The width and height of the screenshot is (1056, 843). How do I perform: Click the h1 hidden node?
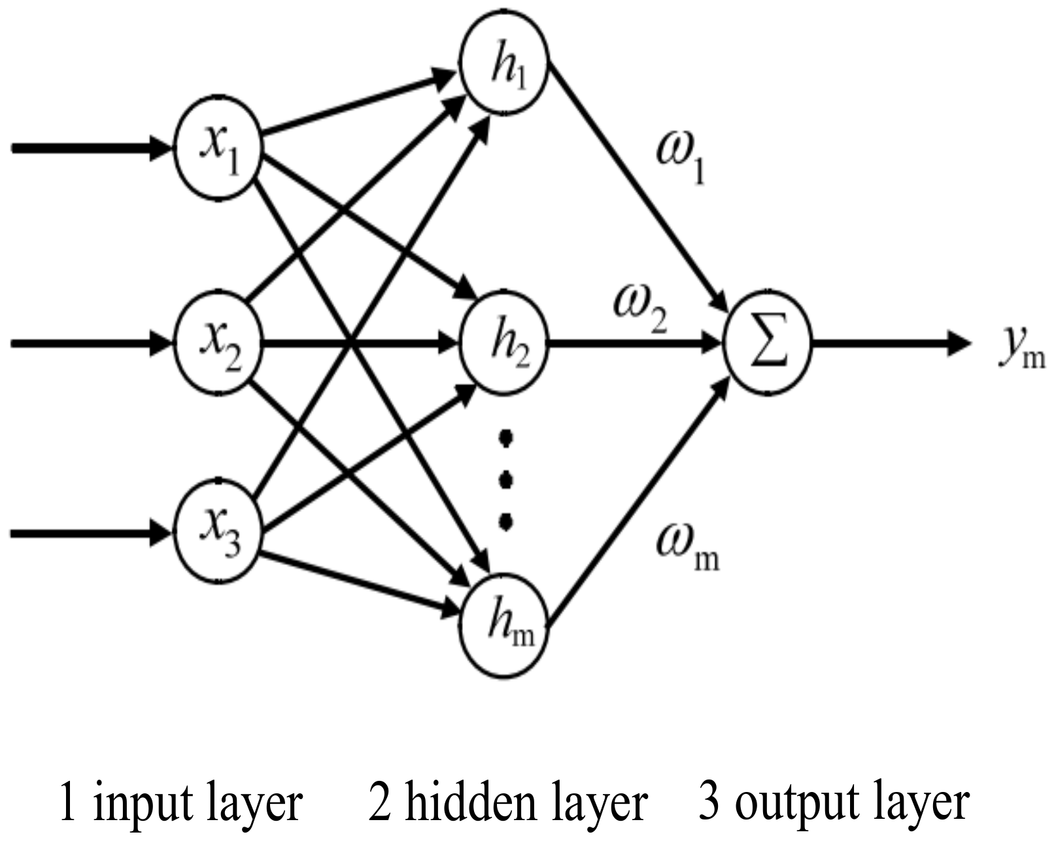tap(504, 65)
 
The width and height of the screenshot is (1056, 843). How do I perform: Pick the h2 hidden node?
tap(504, 343)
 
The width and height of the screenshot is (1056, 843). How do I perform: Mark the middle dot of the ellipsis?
tap(505, 481)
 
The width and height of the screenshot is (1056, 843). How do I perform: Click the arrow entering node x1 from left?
tap(92, 148)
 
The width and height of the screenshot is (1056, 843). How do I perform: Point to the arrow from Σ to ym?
tap(889, 343)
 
